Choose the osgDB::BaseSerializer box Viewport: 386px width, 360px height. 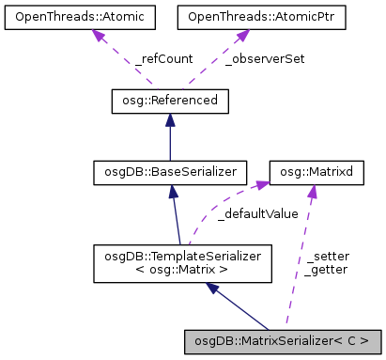(x=169, y=172)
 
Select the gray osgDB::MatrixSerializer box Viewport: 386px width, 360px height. (x=283, y=339)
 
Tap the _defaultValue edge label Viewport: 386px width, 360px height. (x=256, y=213)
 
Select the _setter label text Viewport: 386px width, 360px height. (x=326, y=255)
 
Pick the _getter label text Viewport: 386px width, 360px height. (x=327, y=269)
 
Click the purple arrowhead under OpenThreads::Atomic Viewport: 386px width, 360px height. (x=96, y=37)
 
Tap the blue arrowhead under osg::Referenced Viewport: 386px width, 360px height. (x=169, y=120)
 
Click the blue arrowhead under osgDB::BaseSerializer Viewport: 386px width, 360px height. (x=173, y=193)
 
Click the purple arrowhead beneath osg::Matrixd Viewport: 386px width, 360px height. (x=311, y=193)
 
